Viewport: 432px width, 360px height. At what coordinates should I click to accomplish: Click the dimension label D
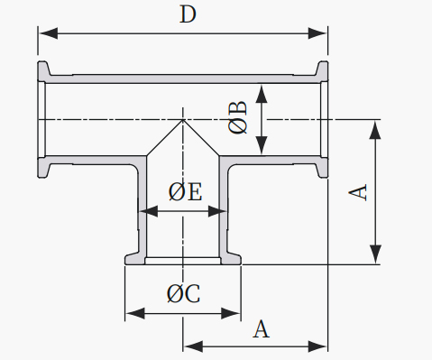pyautogui.click(x=188, y=14)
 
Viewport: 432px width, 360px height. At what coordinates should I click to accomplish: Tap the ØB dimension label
pyautogui.click(x=238, y=117)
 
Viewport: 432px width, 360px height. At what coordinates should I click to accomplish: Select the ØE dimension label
pyautogui.click(x=185, y=191)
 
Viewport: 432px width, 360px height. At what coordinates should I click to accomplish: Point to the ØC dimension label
pyautogui.click(x=183, y=293)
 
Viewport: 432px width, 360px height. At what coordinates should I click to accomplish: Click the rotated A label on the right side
pyautogui.click(x=358, y=192)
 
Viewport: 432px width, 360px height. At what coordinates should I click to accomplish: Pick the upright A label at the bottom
pyautogui.click(x=262, y=329)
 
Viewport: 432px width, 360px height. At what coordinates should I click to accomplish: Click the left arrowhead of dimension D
pyautogui.click(x=48, y=33)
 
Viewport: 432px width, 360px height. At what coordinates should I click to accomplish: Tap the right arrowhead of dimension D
pyautogui.click(x=317, y=33)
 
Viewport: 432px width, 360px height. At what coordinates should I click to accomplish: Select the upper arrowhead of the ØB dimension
pyautogui.click(x=262, y=94)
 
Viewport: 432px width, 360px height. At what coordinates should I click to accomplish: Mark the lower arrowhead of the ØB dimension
pyautogui.click(x=262, y=145)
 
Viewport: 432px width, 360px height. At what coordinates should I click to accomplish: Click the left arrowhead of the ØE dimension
pyautogui.click(x=149, y=211)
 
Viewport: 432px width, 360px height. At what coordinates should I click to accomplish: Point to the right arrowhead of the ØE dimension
pyautogui.click(x=217, y=211)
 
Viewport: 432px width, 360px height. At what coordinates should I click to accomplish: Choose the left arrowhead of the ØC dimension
pyautogui.click(x=135, y=313)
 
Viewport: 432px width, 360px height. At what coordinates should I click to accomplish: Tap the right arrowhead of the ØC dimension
pyautogui.click(x=231, y=313)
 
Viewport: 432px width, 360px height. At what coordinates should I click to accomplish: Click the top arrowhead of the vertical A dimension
pyautogui.click(x=375, y=130)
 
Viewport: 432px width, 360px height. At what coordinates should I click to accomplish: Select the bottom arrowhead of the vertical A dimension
pyautogui.click(x=375, y=254)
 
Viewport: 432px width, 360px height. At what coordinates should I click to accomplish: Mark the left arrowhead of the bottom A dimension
pyautogui.click(x=193, y=346)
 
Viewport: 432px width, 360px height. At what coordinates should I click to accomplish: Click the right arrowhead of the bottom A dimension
pyautogui.click(x=317, y=346)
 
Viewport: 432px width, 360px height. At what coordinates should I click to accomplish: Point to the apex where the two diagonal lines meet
pyautogui.click(x=182, y=120)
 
